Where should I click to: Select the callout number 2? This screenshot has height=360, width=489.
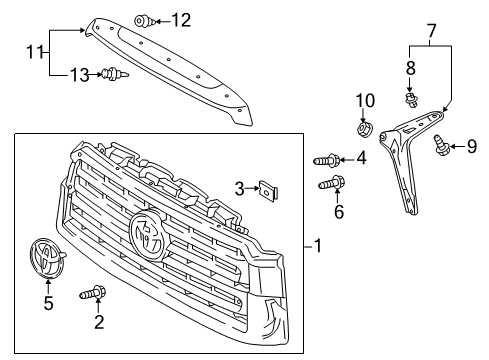coord(97,322)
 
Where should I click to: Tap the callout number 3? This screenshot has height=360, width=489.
coord(239,187)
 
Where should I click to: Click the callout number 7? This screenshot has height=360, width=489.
coord(431,34)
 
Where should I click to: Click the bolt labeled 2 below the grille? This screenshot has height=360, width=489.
coord(96,294)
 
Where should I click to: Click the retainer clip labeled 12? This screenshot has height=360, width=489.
coord(144,19)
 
